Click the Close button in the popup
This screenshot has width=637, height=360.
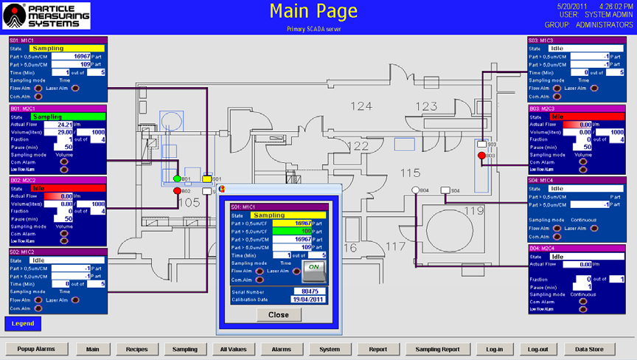coord(279,314)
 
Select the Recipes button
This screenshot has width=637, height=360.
coord(136,349)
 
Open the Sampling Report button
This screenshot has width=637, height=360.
coord(437,349)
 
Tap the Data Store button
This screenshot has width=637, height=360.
coord(589,349)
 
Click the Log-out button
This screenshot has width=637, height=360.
coord(537,349)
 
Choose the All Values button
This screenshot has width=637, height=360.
coord(234,349)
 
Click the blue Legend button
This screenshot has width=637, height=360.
coord(22,323)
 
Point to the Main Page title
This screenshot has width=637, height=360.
coord(313,11)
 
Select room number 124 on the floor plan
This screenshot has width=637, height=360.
coord(361,106)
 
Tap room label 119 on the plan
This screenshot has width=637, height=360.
coord(474,210)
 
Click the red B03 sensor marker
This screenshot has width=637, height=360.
coord(481,156)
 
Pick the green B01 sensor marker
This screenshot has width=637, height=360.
coord(177,179)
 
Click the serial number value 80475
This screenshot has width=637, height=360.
coord(310,291)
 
